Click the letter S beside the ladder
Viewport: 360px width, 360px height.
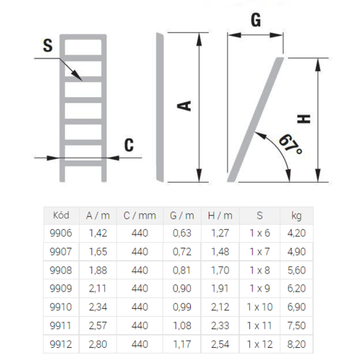(x=48, y=45)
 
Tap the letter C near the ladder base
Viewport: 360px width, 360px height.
(x=129, y=145)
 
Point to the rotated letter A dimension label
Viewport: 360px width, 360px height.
(x=184, y=106)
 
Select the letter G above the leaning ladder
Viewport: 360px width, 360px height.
(x=256, y=20)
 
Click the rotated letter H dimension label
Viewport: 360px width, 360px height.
(x=304, y=119)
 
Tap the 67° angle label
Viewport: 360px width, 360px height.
(x=290, y=144)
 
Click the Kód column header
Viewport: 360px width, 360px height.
(x=61, y=215)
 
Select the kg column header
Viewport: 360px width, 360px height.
(x=297, y=216)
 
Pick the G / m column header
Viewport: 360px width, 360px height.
(x=182, y=215)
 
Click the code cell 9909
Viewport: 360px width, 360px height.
(x=60, y=288)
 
